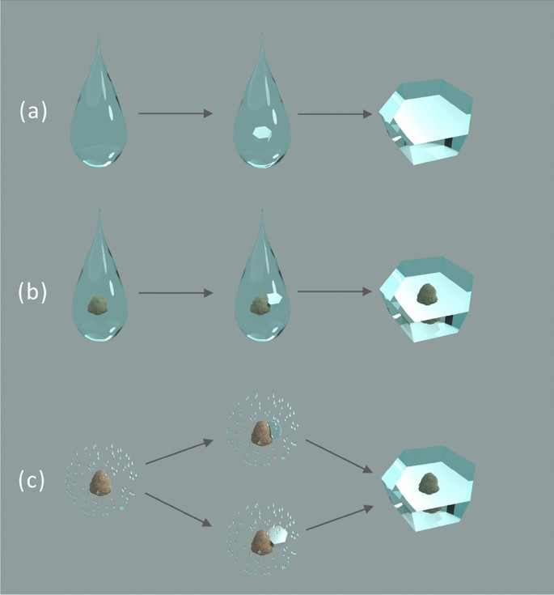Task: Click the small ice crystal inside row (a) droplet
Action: [x=261, y=133]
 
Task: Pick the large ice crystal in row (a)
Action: [x=426, y=122]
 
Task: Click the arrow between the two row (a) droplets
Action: [x=176, y=113]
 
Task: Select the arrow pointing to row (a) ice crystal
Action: [x=335, y=113]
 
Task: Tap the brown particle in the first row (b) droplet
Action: [x=97, y=305]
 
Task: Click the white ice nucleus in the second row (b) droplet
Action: [x=275, y=298]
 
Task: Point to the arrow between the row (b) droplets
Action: [x=176, y=291]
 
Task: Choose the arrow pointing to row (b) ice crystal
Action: [x=335, y=291]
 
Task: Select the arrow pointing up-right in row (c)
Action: [x=179, y=452]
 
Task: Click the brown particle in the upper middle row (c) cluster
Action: [x=260, y=433]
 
